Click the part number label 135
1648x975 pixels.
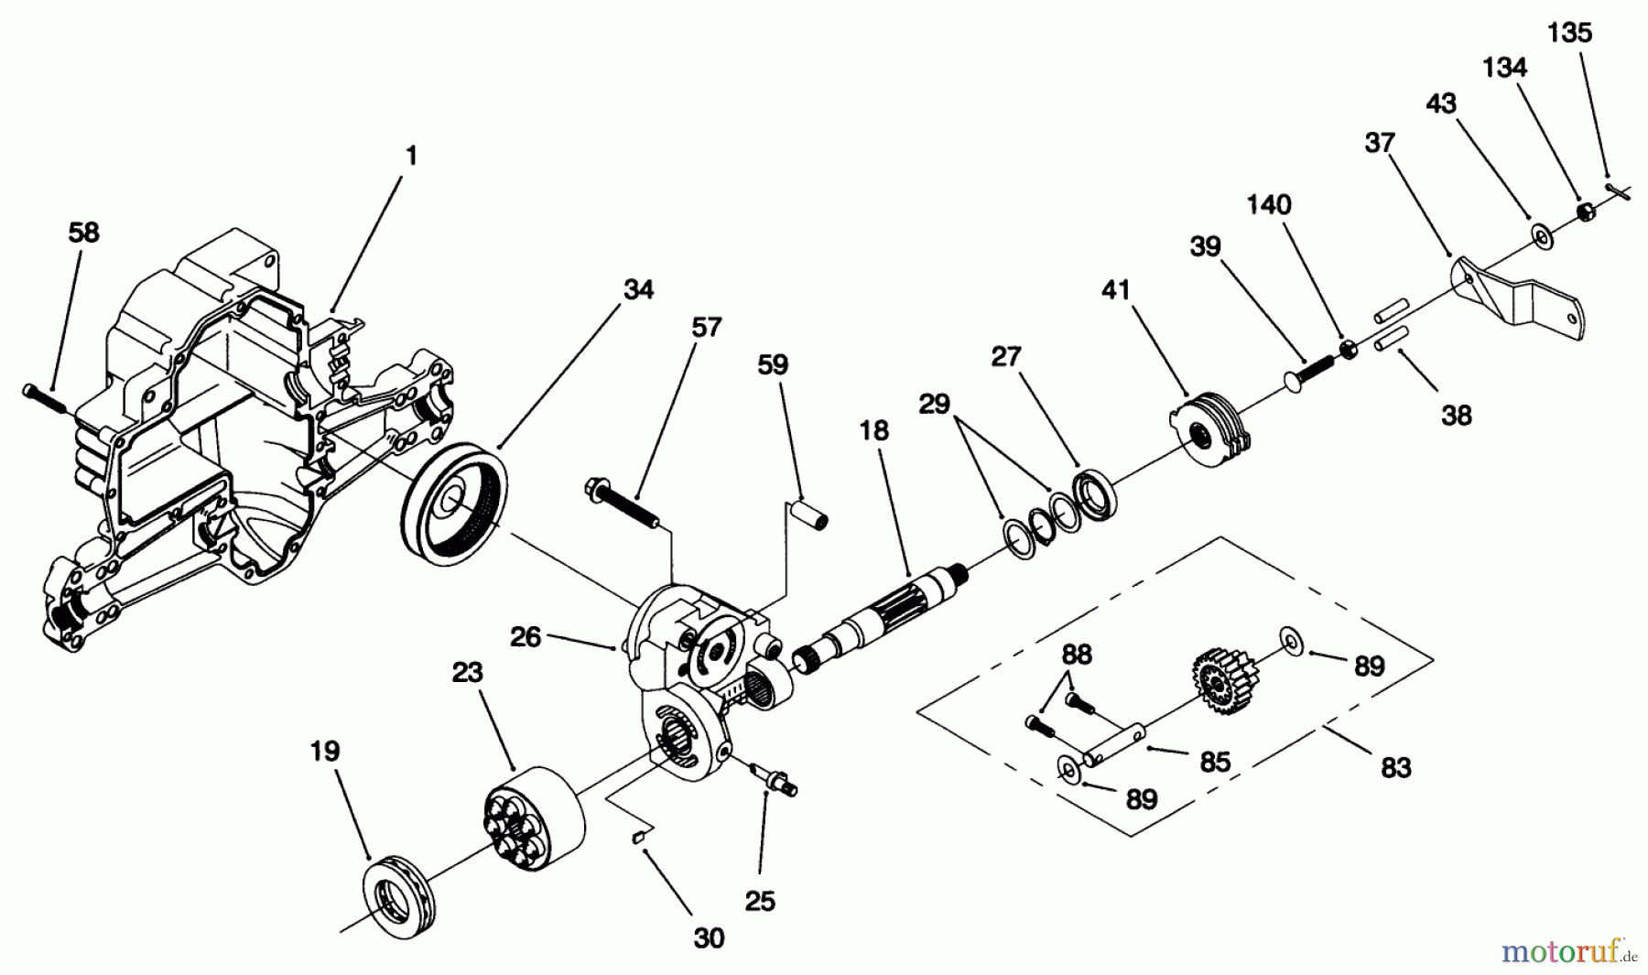[1569, 33]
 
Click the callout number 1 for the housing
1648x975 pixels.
[411, 156]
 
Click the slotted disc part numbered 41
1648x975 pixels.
[1205, 428]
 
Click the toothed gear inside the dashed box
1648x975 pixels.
[1224, 677]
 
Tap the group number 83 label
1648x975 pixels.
[1395, 767]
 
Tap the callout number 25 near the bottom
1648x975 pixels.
[760, 902]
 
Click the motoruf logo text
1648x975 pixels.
[1562, 952]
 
